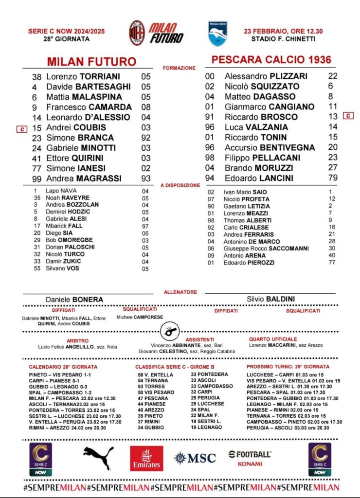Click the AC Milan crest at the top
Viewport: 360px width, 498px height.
coord(137,33)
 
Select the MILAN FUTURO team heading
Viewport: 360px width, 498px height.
coord(91,62)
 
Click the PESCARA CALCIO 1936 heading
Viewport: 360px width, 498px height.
coord(271,60)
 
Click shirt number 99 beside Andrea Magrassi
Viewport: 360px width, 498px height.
coord(37,178)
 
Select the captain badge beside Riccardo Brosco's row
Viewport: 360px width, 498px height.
coord(348,116)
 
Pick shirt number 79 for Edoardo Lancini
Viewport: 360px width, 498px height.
coord(333,178)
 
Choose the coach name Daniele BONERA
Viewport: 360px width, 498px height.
coord(74,300)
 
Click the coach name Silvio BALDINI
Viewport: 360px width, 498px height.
coord(271,299)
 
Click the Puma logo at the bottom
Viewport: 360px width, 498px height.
coord(98,458)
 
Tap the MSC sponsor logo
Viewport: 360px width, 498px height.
coord(195,458)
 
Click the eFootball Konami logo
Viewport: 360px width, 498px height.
coord(250,458)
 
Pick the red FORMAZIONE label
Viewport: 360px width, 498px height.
coord(180,68)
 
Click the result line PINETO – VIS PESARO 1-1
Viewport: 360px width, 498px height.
coord(60,375)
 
